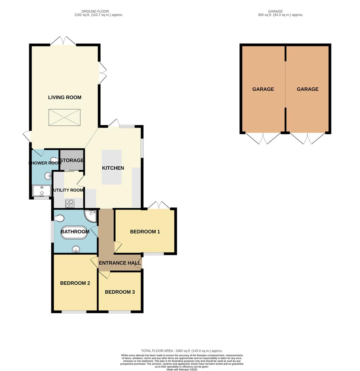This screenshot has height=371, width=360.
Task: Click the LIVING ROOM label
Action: pos(65,97)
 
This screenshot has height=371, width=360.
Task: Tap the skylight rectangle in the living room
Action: pos(65,117)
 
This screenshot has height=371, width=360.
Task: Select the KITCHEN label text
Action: pos(113,168)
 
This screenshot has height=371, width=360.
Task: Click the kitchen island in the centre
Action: pos(111,167)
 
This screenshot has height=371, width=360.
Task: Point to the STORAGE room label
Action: pos(72,160)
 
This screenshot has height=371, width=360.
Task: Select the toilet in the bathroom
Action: pos(59,218)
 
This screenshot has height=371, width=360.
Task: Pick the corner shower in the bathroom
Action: pos(90,215)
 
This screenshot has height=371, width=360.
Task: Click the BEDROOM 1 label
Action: pos(145,232)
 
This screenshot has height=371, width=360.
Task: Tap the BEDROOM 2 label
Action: pos(75,283)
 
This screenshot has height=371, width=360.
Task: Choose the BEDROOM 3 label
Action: pos(120,292)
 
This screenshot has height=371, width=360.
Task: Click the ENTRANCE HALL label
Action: pos(120,263)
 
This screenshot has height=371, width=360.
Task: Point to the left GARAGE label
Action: pos(263,89)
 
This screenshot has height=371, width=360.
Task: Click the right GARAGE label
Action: pos(307,89)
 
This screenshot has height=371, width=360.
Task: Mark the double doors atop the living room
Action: pos(63,41)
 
